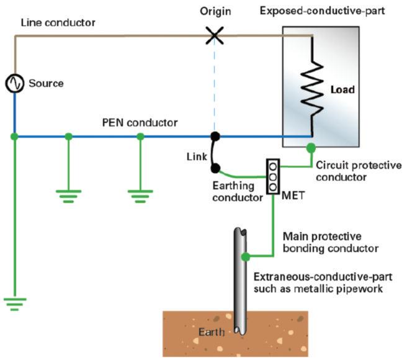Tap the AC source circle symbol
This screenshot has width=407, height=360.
tap(14, 83)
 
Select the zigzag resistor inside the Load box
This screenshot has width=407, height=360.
tap(312, 89)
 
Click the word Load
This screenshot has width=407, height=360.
tap(342, 90)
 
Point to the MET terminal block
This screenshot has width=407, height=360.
tap(272, 176)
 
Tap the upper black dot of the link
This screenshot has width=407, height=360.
tap(215, 136)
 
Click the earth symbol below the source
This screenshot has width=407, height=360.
tap(14, 304)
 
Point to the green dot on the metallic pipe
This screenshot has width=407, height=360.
tap(246, 256)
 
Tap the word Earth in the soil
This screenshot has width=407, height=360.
tap(211, 333)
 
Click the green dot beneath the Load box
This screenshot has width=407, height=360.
tap(311, 148)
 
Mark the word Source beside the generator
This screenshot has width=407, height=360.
tap(46, 83)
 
